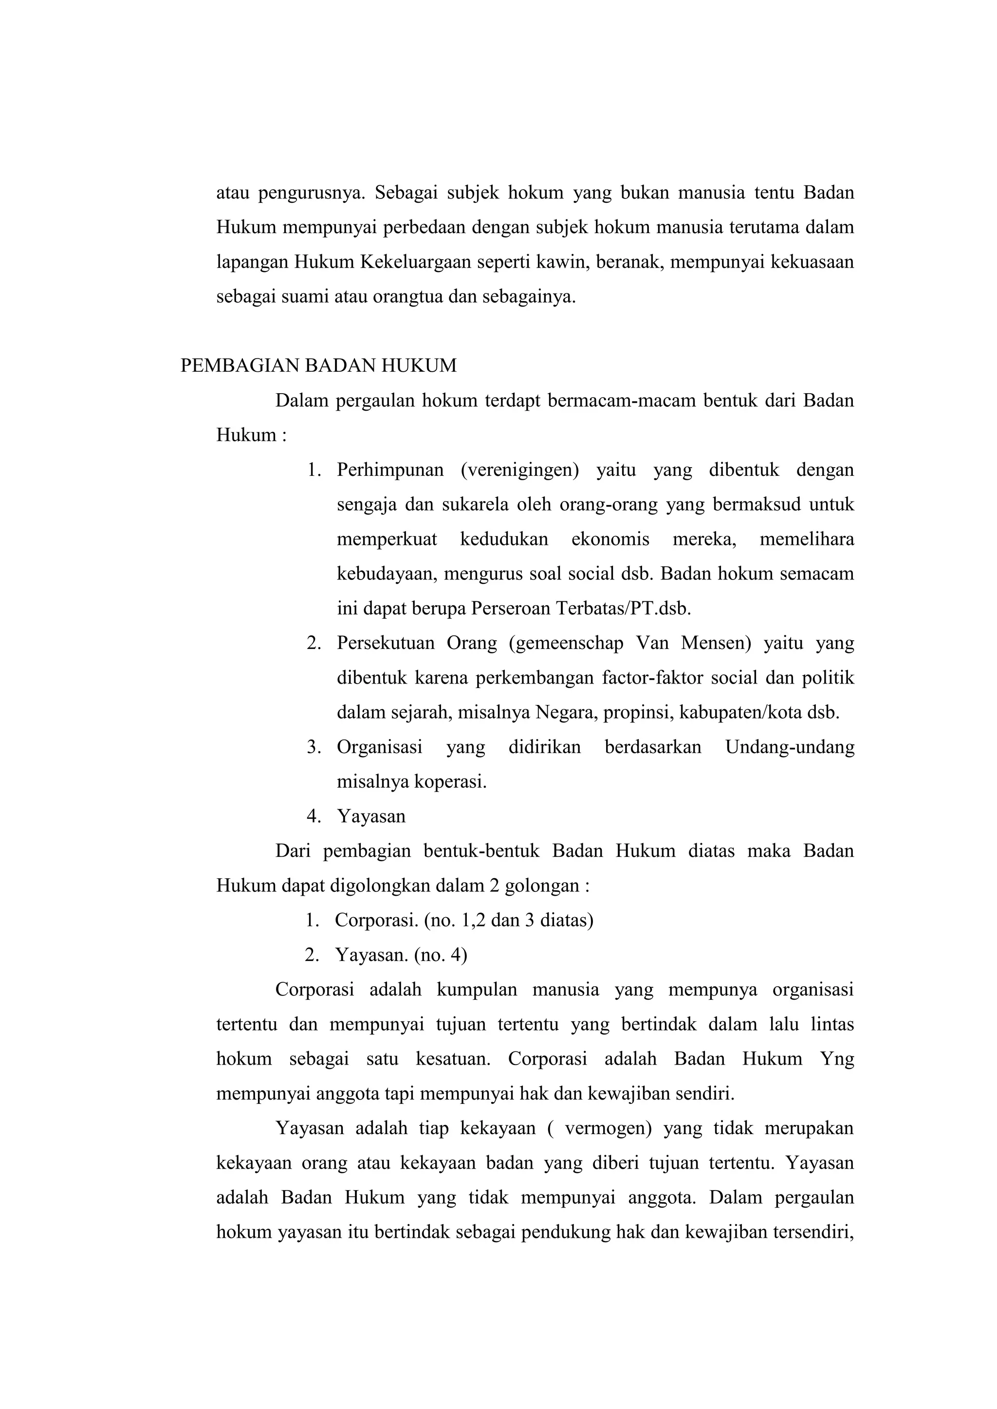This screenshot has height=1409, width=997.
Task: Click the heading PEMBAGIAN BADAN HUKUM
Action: click(x=319, y=366)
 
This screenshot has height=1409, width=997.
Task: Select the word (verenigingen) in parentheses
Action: click(x=519, y=470)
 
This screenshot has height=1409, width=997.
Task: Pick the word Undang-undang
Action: click(x=790, y=747)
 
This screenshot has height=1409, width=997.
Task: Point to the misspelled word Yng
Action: click(x=837, y=1059)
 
